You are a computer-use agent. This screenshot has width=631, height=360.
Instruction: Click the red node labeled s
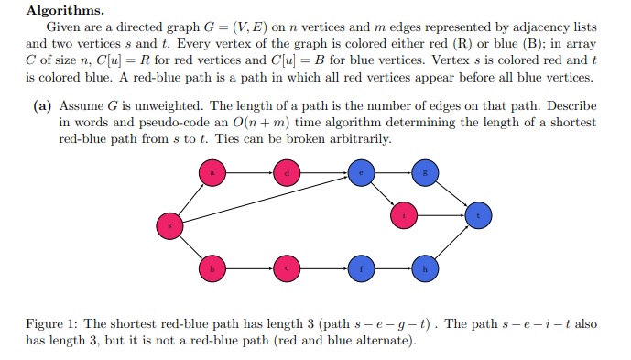(x=169, y=223)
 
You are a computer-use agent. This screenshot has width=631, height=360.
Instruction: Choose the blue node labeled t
(x=478, y=216)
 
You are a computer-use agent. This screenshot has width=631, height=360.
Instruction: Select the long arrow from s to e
(x=266, y=197)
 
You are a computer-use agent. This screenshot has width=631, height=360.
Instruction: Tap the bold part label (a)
(x=42, y=106)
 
